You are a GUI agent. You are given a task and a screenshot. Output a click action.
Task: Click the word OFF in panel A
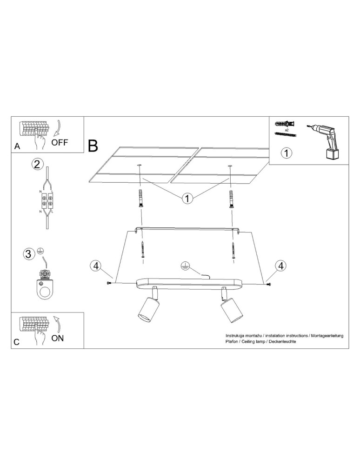point(60,142)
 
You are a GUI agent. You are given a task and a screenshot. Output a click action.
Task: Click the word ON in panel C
point(58,338)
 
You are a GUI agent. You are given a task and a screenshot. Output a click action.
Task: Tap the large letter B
point(93,146)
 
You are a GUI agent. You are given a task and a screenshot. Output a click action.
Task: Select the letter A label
point(17,146)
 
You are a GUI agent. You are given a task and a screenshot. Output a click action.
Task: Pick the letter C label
point(17,342)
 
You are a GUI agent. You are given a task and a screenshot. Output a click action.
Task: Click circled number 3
point(29,254)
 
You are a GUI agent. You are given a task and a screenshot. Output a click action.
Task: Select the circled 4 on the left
point(95,266)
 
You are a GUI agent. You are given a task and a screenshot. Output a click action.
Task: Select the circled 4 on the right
point(280,266)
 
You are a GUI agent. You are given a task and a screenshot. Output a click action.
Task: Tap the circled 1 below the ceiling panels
point(187,199)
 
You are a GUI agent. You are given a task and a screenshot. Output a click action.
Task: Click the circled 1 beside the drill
point(287,152)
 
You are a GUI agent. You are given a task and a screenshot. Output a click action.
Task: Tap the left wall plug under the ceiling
point(140,199)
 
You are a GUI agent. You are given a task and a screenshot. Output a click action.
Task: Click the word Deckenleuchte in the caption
point(282,342)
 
